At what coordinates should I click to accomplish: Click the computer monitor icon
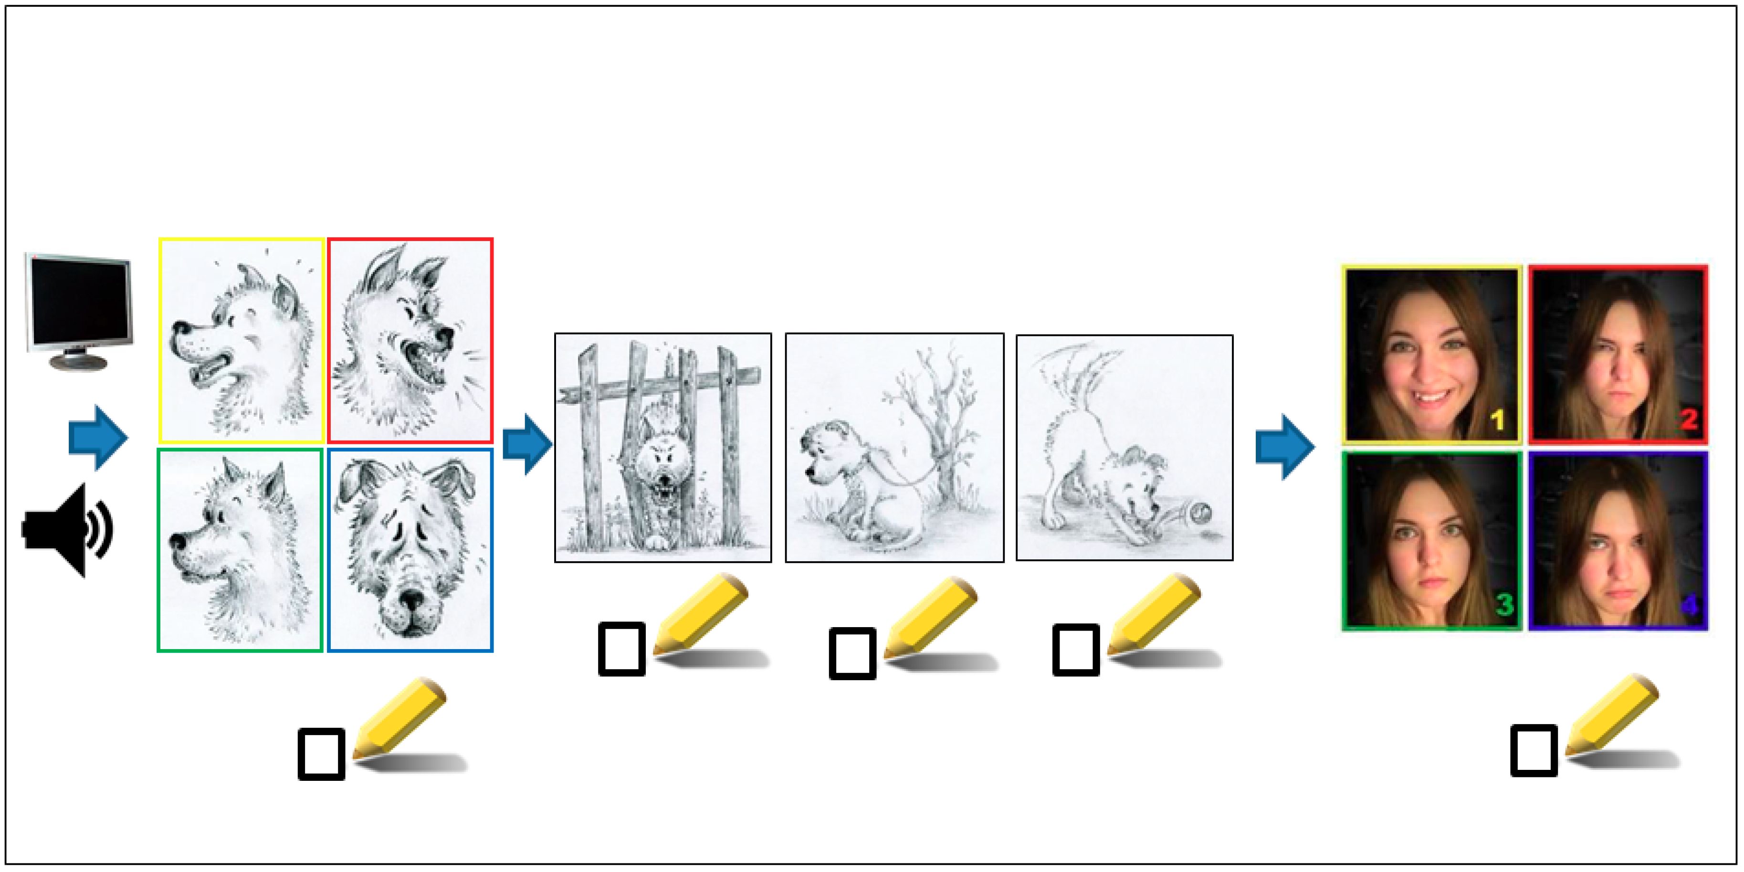79,311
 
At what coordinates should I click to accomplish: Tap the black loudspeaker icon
68,529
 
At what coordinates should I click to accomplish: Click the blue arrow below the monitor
98,437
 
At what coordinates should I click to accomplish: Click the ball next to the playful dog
1201,514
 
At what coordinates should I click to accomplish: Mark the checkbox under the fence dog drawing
621,649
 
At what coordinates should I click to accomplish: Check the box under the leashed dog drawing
852,653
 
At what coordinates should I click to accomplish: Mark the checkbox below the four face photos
1534,750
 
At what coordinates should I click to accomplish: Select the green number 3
1503,604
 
